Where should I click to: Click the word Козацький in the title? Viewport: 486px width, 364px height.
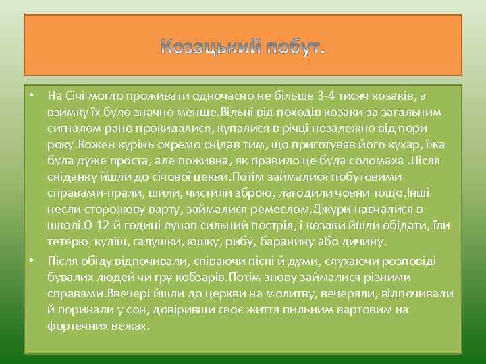(x=209, y=47)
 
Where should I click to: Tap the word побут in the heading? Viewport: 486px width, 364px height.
(x=295, y=47)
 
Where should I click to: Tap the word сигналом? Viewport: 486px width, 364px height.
(x=73, y=127)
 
